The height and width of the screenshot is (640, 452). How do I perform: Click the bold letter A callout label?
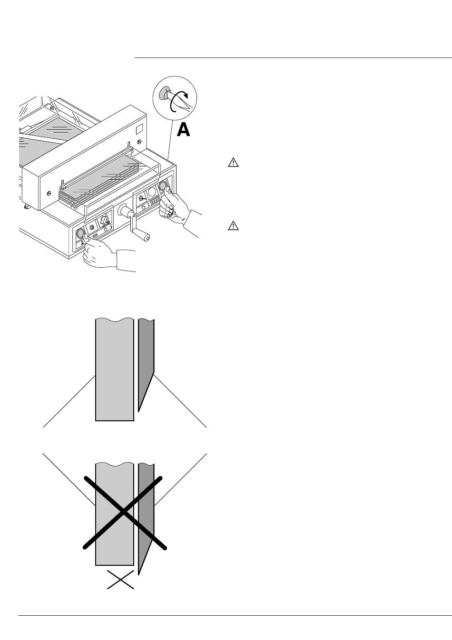(x=184, y=129)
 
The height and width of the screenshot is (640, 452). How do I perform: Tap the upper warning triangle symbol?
(x=233, y=163)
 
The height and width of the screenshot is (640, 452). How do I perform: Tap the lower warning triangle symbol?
(x=233, y=225)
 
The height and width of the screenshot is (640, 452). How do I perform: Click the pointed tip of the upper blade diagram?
(x=139, y=409)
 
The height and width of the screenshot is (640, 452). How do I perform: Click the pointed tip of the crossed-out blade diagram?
(x=139, y=574)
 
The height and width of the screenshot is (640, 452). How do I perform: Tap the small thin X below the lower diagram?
(x=120, y=580)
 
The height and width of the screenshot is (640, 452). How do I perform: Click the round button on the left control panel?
(x=80, y=233)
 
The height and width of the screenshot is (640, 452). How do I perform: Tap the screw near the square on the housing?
(x=139, y=142)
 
